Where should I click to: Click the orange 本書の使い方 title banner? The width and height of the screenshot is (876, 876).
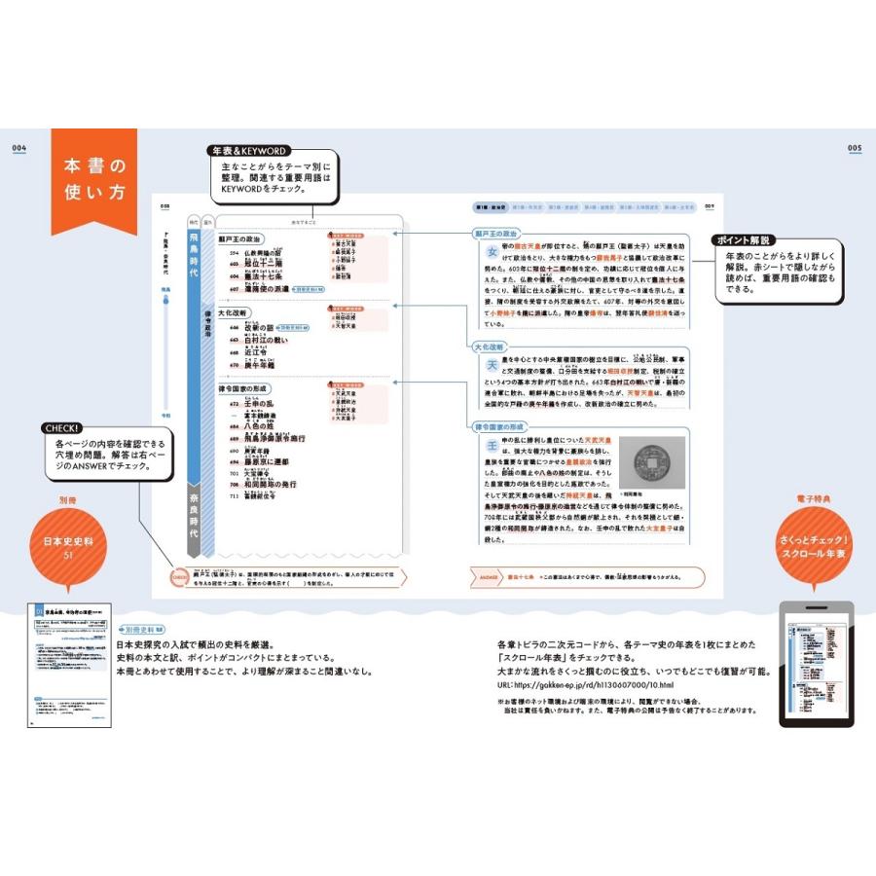(x=94, y=179)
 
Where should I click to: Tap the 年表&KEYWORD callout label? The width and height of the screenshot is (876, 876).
(x=248, y=151)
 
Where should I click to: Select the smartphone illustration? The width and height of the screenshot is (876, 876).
(x=817, y=664)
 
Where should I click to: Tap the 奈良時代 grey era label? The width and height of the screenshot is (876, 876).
(x=196, y=516)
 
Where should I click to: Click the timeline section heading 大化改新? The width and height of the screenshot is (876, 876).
(x=235, y=314)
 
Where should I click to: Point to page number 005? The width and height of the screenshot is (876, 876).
(x=855, y=148)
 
